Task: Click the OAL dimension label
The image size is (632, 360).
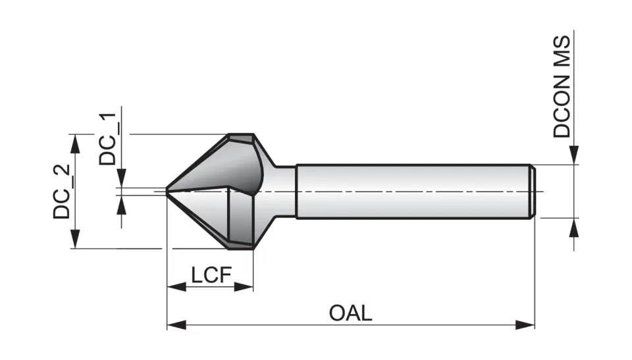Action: [x=350, y=312]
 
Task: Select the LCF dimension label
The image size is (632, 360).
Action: [x=212, y=274]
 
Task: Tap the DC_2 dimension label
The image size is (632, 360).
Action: [x=62, y=192]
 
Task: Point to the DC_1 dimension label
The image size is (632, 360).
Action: [x=109, y=139]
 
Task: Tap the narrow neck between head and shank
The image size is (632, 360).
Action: [x=284, y=191]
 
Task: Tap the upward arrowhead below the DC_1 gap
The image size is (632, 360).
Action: [x=122, y=205]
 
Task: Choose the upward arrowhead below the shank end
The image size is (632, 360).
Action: [x=575, y=226]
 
